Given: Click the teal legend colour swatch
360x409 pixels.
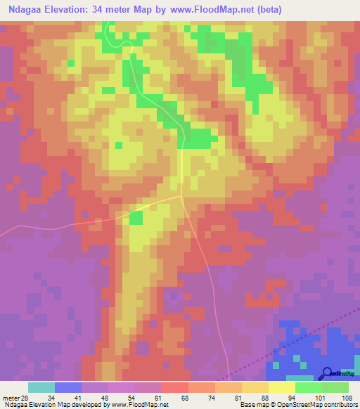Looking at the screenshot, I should coord(41,387).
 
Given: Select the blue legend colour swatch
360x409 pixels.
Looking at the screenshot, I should coord(68,387).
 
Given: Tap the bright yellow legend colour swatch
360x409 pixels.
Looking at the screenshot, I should coord(282,387).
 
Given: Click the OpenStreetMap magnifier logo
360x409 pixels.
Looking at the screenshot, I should coord(327,374).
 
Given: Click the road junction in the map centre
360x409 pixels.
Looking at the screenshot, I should coord(182,197).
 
